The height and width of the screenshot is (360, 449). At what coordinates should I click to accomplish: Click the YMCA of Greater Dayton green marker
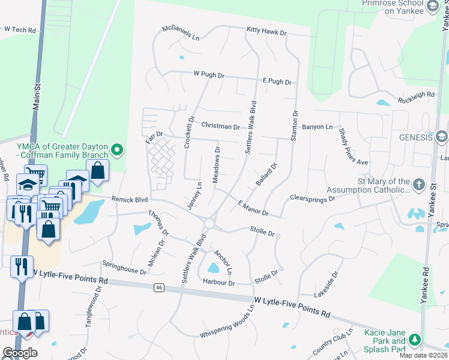click(118, 149)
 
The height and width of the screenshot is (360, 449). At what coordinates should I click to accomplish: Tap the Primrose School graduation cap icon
click(432, 6)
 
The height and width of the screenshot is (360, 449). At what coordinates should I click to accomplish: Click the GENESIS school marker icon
click(442, 137)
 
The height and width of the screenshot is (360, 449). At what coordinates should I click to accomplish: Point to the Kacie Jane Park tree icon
click(414, 339)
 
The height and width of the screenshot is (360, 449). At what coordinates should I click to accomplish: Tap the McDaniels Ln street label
click(180, 33)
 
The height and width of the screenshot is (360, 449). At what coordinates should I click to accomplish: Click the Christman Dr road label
click(220, 127)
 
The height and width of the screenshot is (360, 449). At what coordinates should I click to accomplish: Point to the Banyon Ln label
click(317, 127)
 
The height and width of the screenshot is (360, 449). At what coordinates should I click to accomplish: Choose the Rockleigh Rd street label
click(415, 95)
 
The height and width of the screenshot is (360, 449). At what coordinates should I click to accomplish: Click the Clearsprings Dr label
click(312, 198)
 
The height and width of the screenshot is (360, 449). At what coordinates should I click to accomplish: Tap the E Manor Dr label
click(253, 208)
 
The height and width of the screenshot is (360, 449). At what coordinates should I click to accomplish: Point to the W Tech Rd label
click(20, 29)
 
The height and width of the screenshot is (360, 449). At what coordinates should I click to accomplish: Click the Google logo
click(20, 353)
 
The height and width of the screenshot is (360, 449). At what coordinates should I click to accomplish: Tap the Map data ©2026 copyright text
click(422, 355)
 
